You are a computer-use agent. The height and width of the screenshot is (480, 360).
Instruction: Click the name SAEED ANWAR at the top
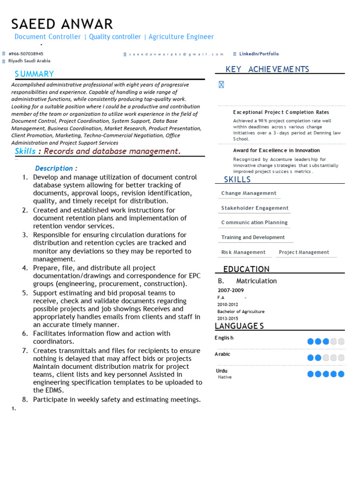pos(62,24)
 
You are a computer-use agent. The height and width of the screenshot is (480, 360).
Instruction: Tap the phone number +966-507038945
pos(26,54)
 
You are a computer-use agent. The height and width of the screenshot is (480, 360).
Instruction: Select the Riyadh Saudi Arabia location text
pos(29,61)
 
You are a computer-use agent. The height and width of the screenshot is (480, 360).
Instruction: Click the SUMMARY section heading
pos(34,74)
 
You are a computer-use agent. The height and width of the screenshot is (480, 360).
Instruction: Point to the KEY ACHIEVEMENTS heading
pos(267,69)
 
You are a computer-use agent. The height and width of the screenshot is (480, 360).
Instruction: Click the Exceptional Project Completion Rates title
pos(281,112)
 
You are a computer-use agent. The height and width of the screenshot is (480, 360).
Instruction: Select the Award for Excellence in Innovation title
pos(276,150)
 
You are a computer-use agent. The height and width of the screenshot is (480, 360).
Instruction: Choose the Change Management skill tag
pos(248,193)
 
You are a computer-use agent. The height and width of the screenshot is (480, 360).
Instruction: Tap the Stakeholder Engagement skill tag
pos(255,208)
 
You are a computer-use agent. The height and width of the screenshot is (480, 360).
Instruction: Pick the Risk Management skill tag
pos(243,252)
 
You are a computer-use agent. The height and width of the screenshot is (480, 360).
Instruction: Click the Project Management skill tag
pos(304,252)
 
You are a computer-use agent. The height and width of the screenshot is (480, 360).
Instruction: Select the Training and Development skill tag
pos(253,238)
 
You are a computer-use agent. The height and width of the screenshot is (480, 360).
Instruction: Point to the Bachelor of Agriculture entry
pos(240,311)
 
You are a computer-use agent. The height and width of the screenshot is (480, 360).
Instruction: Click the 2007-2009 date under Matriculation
pos(231,290)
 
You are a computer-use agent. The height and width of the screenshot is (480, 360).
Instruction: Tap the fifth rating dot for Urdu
pos(341,374)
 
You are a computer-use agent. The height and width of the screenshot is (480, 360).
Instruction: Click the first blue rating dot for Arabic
pos(310,358)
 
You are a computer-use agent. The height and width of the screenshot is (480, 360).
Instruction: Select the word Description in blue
pos(54,168)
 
